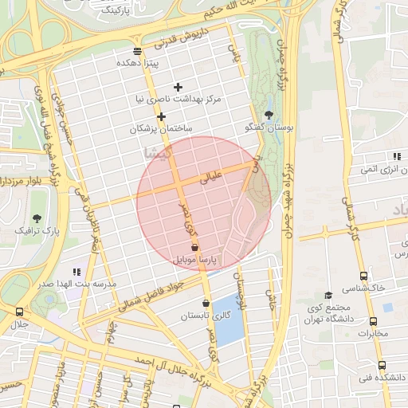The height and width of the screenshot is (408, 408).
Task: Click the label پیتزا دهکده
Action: tap(139, 62)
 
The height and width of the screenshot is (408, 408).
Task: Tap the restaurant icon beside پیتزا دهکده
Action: tap(138, 51)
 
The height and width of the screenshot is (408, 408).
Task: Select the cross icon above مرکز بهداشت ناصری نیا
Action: tap(178, 87)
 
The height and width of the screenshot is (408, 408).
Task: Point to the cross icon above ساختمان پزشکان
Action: tap(162, 117)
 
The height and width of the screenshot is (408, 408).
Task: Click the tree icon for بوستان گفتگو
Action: tap(269, 115)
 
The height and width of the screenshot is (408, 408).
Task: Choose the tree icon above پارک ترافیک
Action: tap(37, 218)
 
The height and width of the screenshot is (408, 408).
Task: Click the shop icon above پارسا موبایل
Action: tap(196, 249)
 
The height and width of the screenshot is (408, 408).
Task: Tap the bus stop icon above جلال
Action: tap(19, 312)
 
